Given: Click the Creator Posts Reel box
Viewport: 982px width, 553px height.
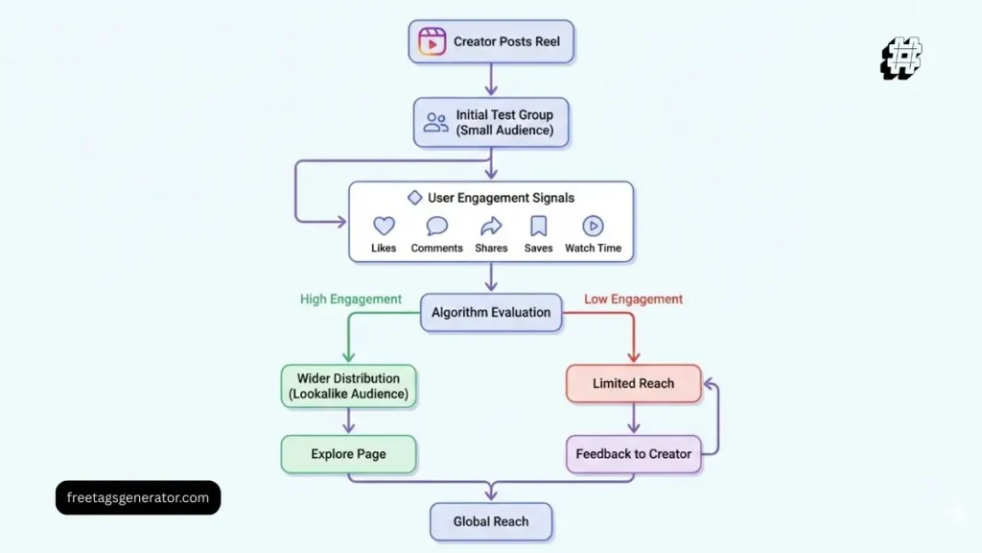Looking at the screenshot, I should pos(490,42).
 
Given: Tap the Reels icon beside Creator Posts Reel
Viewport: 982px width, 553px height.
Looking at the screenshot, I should pos(433,42).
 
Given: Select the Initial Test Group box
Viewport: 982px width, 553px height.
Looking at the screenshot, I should pos(490,122).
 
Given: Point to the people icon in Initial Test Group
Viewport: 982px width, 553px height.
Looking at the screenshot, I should pos(436,122).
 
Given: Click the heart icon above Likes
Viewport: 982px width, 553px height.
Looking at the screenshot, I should pos(384,227).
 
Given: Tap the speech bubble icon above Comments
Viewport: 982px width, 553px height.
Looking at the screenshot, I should pos(437,227).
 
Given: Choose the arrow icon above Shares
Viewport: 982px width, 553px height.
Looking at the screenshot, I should pos(491,227).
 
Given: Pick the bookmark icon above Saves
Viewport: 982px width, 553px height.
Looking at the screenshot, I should pos(539,227).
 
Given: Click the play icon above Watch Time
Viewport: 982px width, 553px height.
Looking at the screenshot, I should pos(593,227).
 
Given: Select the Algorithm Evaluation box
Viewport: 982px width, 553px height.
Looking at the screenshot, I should pos(491,312).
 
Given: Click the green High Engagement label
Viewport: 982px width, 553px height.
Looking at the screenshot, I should pos(351,300).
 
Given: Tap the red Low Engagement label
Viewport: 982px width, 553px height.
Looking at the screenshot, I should pos(633,300).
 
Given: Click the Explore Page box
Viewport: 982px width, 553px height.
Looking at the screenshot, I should pos(348,454).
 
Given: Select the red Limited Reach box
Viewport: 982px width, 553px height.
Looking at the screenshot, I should pos(633,383).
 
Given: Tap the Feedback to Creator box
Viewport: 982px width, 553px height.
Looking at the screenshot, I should pos(633,454).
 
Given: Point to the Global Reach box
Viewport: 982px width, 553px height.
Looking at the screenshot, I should pos(491,521).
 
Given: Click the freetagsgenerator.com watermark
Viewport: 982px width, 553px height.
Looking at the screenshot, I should pos(138,497).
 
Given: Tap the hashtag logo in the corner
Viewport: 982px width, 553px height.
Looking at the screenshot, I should pos(901,59).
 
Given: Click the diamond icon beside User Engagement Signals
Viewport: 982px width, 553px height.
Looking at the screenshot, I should pos(414,198).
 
